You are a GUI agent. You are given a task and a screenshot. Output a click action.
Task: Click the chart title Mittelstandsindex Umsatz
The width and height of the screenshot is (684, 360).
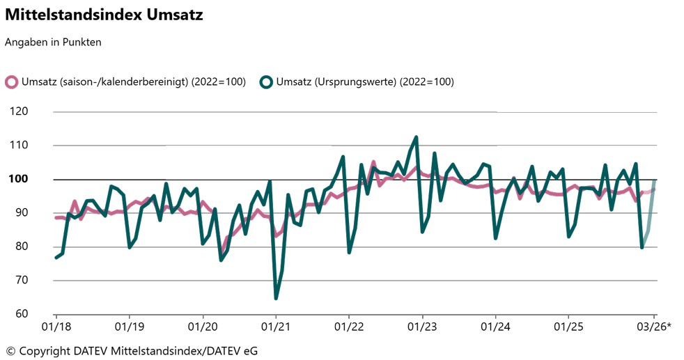click(104, 15)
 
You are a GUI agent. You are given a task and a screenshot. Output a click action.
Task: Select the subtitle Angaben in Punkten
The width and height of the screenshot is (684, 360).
click(53, 42)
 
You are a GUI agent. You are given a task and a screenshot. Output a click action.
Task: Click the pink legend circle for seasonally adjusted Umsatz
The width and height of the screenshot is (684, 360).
click(11, 82)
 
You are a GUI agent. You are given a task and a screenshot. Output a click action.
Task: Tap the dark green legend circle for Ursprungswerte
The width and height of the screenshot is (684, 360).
click(265, 82)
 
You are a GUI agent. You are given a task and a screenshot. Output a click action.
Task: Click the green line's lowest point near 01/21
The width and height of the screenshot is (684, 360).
click(276, 298)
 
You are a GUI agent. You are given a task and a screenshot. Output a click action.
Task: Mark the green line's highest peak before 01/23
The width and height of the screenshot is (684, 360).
click(416, 137)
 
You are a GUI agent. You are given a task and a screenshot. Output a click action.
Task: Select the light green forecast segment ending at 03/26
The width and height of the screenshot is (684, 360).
click(649, 216)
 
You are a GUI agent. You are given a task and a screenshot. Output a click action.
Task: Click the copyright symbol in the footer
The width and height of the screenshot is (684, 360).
click(10, 351)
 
